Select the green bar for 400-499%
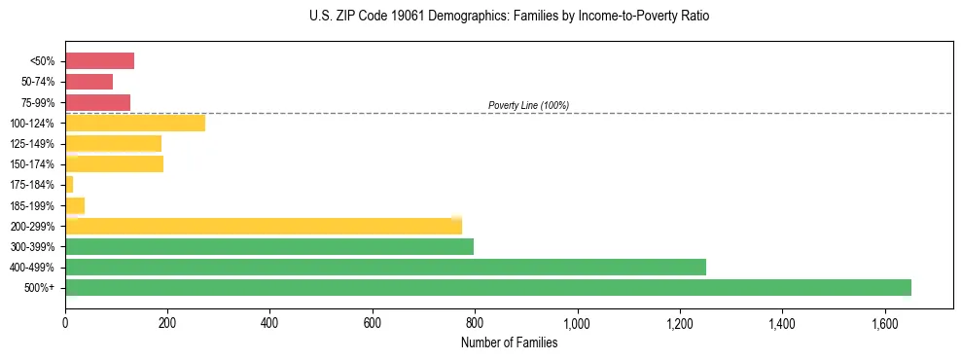pos(385,268)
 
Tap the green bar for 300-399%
pos(269,247)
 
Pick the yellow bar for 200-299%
pos(264,227)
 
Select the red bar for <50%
pos(99,61)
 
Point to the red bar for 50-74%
pos(89,82)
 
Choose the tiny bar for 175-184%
pos(69,185)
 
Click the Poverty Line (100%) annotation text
pos(528,105)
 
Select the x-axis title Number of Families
pos(510,342)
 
